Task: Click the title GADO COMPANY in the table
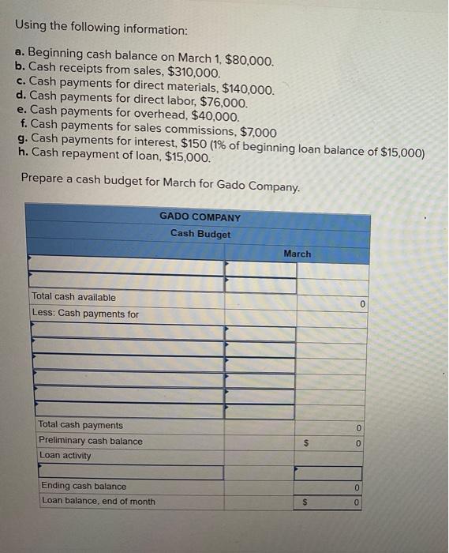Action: point(200,216)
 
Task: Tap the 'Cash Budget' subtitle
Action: point(200,234)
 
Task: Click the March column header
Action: point(297,254)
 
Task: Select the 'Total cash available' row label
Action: point(73,297)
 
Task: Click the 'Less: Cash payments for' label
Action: point(85,314)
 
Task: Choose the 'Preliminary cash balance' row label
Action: point(90,441)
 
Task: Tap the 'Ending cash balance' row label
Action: point(83,486)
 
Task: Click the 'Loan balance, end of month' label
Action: point(98,501)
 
